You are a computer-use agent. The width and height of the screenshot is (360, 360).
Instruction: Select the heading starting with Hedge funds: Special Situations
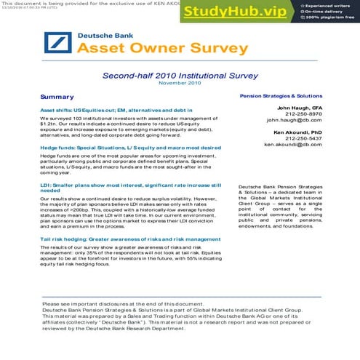tap(130, 148)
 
